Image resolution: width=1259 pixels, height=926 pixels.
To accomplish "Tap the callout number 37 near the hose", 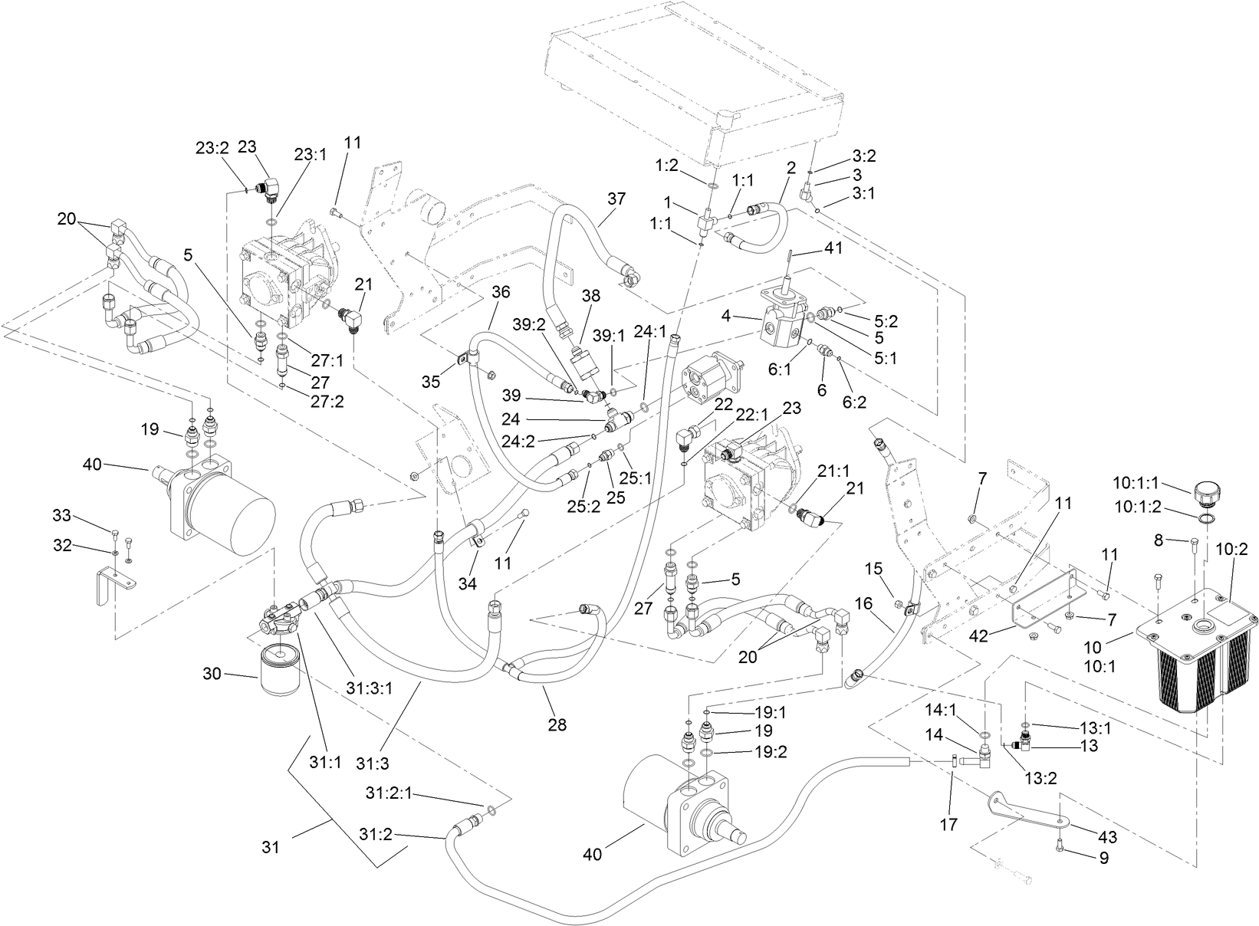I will tap(617, 199).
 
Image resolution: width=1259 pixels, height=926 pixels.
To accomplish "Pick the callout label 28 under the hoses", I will tap(557, 724).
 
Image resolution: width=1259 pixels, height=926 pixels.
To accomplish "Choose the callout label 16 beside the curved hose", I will tap(863, 603).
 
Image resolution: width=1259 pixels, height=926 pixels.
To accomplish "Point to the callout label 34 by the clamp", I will tap(467, 583).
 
